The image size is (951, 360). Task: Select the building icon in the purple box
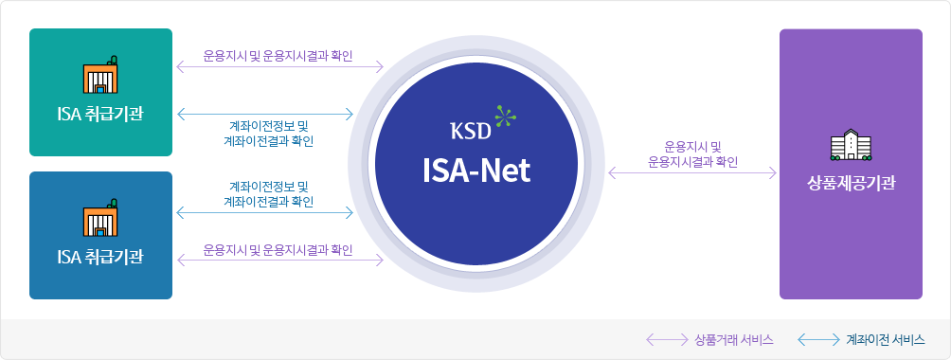(850, 146)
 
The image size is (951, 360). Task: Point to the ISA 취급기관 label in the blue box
(100, 257)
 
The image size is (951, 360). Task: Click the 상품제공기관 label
(851, 183)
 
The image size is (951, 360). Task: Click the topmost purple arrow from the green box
(278, 67)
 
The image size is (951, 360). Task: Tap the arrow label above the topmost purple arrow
(278, 55)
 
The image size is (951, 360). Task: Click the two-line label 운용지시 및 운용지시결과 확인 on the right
(692, 153)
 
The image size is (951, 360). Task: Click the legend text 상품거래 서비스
(734, 339)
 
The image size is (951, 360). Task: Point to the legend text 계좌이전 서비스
(886, 339)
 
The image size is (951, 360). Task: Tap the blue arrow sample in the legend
(817, 339)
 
